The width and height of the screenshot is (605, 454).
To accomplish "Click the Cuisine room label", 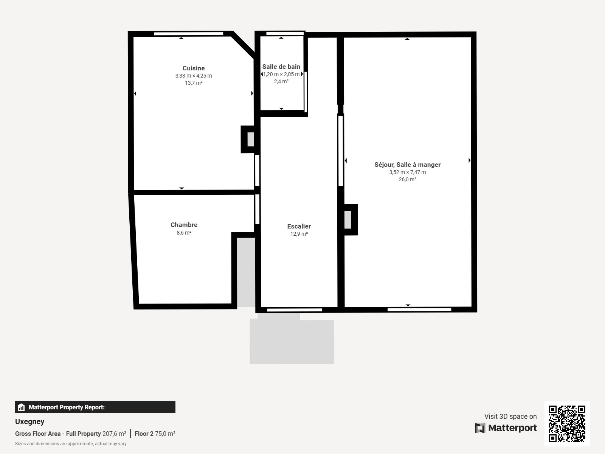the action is point(194,68).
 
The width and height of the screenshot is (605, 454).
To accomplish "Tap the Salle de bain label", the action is point(281,67).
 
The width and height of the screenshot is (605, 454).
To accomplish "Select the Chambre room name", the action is point(184,225).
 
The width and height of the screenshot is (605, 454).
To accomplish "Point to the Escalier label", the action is point(299,226).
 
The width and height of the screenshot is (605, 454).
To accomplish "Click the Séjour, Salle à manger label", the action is point(407,165).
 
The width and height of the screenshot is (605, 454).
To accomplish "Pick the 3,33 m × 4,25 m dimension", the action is point(194,76).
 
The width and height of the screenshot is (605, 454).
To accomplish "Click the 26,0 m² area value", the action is point(407,179).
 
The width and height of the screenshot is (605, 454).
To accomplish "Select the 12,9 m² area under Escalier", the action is point(299,234).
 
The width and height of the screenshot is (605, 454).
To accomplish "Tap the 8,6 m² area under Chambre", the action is point(184,233).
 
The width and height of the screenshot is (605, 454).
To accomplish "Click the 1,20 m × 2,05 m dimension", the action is point(281,74).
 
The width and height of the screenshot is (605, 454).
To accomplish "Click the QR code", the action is point(567,424).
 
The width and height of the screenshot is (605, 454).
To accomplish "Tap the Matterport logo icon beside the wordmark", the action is point(480,428).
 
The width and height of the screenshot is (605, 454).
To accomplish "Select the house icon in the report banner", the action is point(21,407).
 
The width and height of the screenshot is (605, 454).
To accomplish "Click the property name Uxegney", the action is point(30,422).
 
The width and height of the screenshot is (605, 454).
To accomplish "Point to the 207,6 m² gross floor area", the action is point(114,434).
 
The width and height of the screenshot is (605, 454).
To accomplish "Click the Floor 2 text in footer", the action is point(144,434).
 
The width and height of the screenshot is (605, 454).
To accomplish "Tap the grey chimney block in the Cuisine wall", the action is point(251,140).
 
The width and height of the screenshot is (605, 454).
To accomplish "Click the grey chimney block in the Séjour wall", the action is point(347,220).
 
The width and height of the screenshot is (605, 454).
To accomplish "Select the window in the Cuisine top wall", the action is point(189,34).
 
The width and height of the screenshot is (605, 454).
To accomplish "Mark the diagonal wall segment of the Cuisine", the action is point(243,45).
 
